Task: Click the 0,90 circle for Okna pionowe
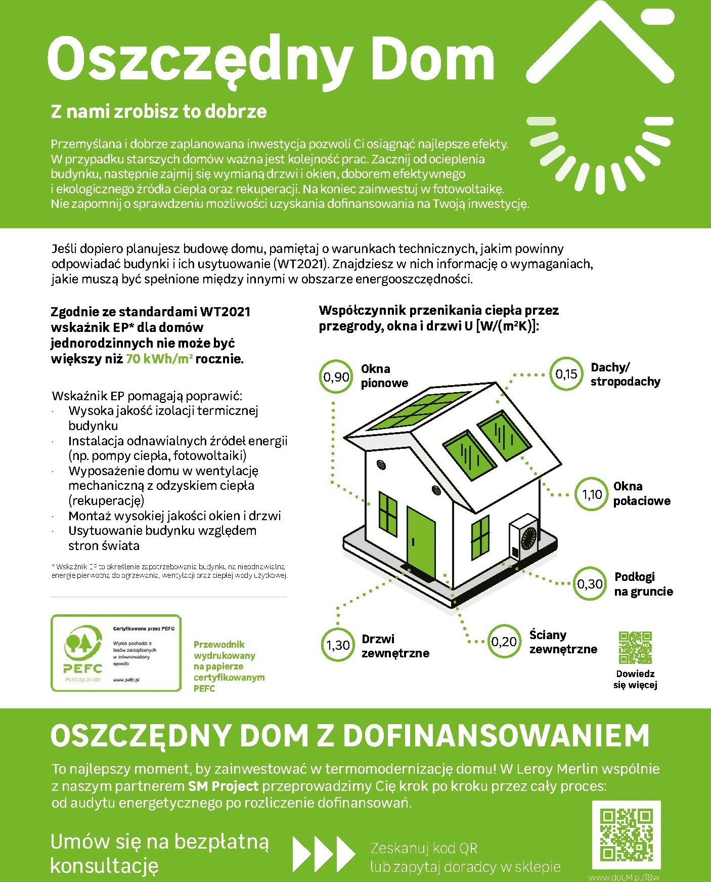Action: pos(336,376)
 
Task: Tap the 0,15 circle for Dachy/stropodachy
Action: pos(566,374)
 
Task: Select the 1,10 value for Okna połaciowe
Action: pos(592,494)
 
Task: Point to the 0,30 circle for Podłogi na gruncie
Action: pos(590,584)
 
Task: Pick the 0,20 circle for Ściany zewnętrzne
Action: pos(504,642)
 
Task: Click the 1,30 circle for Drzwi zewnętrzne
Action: pos(338,645)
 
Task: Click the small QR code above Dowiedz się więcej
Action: pos(635,647)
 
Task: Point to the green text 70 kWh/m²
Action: pos(159,359)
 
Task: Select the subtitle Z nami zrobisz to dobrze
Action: pos(159,111)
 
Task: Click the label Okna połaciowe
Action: pos(642,494)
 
